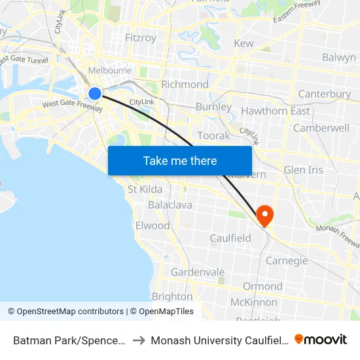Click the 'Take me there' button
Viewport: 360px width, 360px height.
click(180, 160)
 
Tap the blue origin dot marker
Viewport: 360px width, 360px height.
click(95, 94)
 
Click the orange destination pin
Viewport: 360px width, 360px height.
click(265, 215)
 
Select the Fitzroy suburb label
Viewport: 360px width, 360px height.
click(141, 38)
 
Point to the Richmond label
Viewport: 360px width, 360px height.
click(185, 84)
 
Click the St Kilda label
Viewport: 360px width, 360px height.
click(145, 190)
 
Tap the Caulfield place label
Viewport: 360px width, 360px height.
click(230, 238)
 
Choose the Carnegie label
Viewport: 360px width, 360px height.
click(287, 261)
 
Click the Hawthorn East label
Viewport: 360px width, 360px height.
click(276, 111)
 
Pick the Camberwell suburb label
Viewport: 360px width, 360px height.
click(321, 128)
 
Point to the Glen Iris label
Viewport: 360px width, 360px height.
click(303, 170)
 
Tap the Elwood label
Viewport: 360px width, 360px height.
click(152, 226)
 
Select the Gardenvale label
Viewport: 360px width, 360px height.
click(198, 272)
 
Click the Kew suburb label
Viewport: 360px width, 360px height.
click(243, 43)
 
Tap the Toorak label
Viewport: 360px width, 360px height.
click(213, 135)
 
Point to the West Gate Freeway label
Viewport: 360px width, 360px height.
click(72, 104)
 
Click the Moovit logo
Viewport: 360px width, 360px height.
click(321, 340)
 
